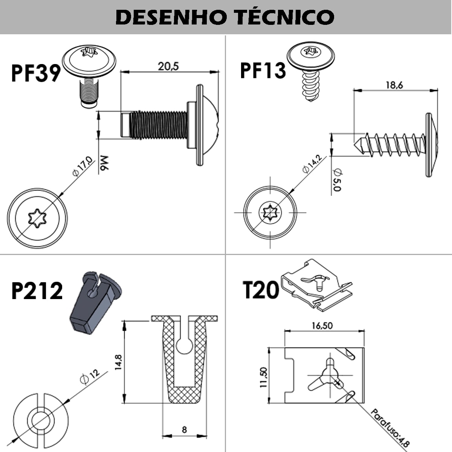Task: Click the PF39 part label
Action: pos(36,73)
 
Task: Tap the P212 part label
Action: pos(37,291)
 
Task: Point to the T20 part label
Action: pos(261,290)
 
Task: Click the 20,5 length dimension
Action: pos(168,66)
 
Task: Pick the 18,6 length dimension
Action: pos(394,85)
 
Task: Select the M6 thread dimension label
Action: pos(104,164)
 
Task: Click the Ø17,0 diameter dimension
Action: pos(82,166)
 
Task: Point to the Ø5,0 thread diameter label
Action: pos(337,180)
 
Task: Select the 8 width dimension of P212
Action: pos(184,429)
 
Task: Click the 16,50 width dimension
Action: pos(322,325)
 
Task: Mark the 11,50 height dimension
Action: pos(263,377)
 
